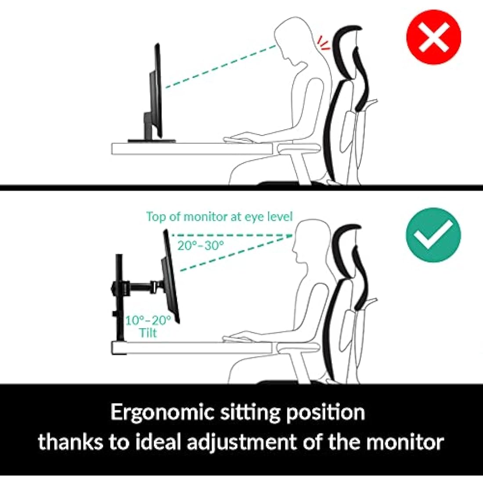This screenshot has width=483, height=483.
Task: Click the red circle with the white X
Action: (x=433, y=37)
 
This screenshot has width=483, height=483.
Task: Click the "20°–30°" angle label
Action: (x=201, y=245)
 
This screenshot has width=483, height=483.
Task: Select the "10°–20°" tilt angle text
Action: (x=148, y=320)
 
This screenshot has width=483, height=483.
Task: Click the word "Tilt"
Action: (x=148, y=333)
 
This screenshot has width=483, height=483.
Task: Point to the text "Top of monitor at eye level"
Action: (x=219, y=216)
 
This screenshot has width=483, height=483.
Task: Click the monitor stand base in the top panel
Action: (x=151, y=141)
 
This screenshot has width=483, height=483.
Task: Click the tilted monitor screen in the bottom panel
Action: (x=171, y=277)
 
